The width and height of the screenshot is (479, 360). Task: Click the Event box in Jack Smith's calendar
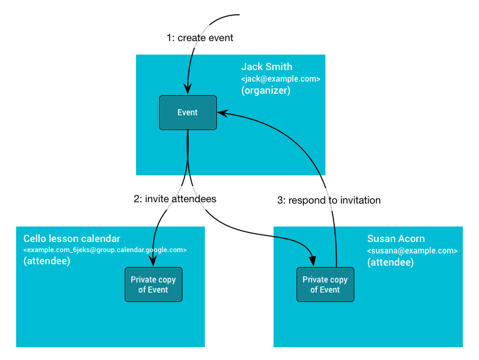pos(187,113)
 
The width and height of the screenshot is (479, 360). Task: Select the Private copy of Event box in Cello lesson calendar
pos(154,284)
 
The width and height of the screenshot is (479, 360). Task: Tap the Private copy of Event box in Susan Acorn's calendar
pos(325,284)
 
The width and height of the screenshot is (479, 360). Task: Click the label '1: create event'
pos(200,38)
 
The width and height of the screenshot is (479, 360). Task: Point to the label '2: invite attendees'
pos(175,199)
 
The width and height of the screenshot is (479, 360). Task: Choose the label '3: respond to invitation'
pos(329,200)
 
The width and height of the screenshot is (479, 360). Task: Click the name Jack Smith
pos(267,67)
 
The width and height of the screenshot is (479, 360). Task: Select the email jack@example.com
pos(280,79)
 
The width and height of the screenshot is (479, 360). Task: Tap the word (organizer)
pos(265,90)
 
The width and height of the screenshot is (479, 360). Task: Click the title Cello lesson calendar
pos(71,239)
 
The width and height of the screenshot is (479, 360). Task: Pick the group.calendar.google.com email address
pos(104,250)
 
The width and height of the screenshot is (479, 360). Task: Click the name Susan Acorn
pos(395,239)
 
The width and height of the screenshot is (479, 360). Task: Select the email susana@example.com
pos(412,251)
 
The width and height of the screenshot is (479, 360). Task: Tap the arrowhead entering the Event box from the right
pos(222,114)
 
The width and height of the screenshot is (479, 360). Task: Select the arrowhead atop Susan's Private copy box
pos(312,261)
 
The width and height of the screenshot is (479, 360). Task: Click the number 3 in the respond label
pos(280,200)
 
